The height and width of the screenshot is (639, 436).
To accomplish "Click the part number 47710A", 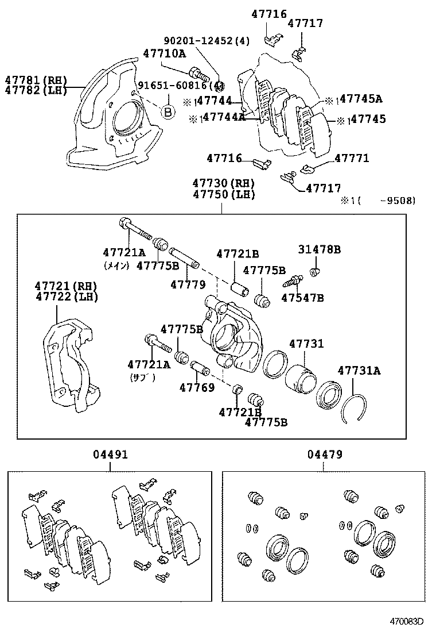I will pyautogui.click(x=165, y=53).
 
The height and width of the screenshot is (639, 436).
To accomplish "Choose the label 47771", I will pyautogui.click(x=352, y=158).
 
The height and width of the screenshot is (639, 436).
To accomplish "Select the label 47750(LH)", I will pyautogui.click(x=224, y=194).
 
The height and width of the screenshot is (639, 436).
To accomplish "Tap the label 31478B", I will pyautogui.click(x=319, y=249).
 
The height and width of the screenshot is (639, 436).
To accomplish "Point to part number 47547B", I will pyautogui.click(x=302, y=297).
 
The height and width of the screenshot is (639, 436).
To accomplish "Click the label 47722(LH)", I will pyautogui.click(x=67, y=297).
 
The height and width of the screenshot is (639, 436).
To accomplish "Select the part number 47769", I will pyautogui.click(x=197, y=387).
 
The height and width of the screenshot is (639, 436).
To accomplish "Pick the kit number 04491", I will pyautogui.click(x=110, y=455).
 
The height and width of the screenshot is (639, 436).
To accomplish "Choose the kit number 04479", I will pyautogui.click(x=324, y=455).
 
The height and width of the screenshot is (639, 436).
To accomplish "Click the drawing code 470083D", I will pyautogui.click(x=407, y=621).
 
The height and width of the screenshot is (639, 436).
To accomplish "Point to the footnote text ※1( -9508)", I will pyautogui.click(x=378, y=201).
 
